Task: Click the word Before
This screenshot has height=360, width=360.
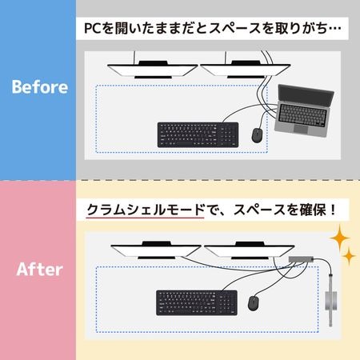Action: pos(40,87)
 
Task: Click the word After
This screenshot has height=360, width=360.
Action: pos(40,270)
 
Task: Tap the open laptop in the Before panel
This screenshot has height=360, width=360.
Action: pos(305,111)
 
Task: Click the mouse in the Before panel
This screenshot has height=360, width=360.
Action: pos(257,135)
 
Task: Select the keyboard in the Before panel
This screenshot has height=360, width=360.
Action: pos(198,135)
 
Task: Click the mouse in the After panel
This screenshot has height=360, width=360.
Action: pos(253,303)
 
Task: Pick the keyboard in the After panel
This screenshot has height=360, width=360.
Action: pos(197,302)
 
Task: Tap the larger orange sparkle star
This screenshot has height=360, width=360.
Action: pos(340,238)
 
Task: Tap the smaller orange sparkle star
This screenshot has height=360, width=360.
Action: pos(349,256)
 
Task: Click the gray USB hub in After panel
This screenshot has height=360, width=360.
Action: pos(301,259)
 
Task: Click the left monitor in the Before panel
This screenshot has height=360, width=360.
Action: pos(152,70)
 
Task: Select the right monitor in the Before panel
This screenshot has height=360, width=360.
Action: pos(246,70)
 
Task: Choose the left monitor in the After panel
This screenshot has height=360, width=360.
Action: pos(156,250)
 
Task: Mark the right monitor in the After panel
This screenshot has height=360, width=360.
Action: pos(250,250)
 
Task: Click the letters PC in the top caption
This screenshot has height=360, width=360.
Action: pos(93,28)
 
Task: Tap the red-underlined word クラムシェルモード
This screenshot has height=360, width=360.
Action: pos(146,210)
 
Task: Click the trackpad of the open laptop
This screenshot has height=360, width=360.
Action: pos(301,129)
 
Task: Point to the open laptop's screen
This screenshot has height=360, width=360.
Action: pos(306,94)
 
